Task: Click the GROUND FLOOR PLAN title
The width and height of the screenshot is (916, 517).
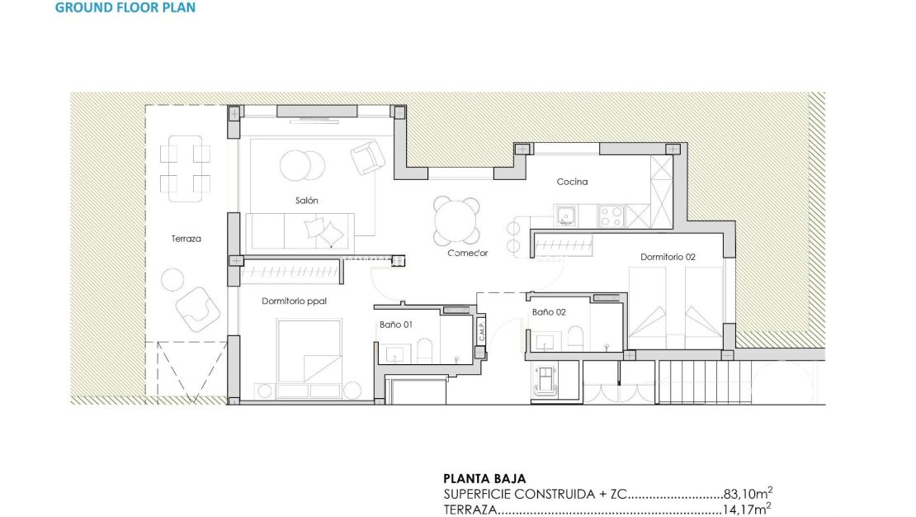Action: pos(125,7)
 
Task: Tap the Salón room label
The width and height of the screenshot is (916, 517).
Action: pos(306,201)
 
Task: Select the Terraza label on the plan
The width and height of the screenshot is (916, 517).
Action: pos(186,239)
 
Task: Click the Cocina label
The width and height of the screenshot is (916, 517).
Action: pos(572,182)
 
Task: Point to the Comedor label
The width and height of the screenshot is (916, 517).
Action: pos(468,253)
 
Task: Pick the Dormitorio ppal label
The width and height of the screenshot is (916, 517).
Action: pos(294,301)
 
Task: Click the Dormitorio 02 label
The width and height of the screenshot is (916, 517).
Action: pos(668,257)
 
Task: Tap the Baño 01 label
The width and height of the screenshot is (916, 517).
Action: pos(396,325)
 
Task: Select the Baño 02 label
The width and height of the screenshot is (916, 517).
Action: pos(549,312)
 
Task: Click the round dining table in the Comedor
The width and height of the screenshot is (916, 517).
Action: pos(457,221)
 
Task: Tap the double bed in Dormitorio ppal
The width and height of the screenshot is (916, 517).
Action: pos(309,351)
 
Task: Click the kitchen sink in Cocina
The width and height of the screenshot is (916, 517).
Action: pos(566,216)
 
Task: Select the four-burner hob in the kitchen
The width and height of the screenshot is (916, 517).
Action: pos(611,216)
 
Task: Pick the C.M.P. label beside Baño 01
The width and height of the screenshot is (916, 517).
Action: pos(481,331)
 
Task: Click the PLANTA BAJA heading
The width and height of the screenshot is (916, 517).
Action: pos(484,478)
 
